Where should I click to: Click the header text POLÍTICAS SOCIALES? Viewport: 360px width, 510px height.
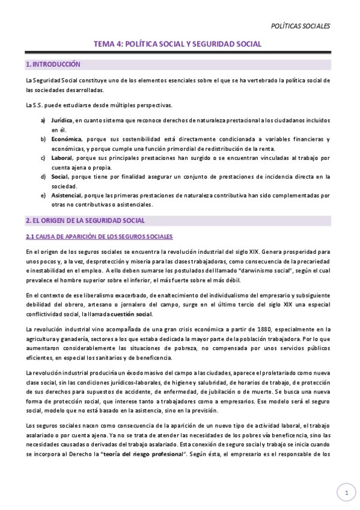(301, 26)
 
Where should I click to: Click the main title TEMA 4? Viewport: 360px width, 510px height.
(177, 44)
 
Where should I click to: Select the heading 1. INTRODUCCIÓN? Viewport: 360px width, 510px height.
(53, 64)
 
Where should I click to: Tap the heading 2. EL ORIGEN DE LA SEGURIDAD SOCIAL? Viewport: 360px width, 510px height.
(85, 221)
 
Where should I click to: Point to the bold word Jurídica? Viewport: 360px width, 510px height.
(62, 120)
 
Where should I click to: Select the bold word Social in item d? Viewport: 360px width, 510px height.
(59, 177)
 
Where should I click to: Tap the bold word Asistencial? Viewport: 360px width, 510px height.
(66, 195)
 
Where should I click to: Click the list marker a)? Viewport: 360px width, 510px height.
(43, 120)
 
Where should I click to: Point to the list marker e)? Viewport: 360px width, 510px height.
(43, 195)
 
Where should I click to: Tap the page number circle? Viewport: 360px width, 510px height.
(346, 493)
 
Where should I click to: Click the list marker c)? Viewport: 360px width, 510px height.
(43, 158)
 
